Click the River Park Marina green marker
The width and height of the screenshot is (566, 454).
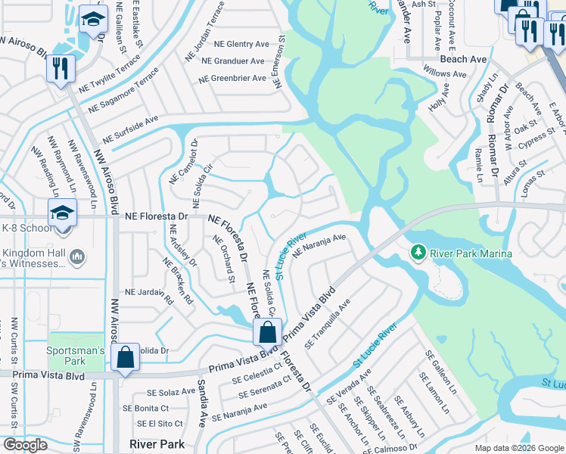(x=417, y=251)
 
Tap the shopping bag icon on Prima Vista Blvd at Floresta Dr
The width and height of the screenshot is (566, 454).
(x=267, y=331)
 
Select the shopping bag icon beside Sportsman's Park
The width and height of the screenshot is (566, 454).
(x=126, y=356)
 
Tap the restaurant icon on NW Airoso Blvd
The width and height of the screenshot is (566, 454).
(x=59, y=68)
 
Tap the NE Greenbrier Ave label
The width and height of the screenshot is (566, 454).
(x=232, y=78)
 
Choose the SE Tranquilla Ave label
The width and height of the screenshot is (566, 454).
(x=327, y=324)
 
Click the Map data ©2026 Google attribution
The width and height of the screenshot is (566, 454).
(x=519, y=448)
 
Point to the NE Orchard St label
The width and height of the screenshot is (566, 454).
(x=223, y=260)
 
